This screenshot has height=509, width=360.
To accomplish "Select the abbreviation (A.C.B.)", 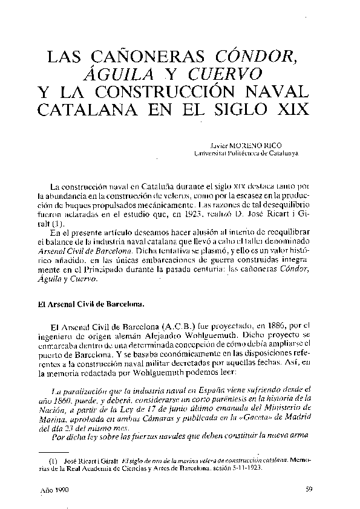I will click(177, 324).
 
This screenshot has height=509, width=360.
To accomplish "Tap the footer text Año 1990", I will click(53, 491).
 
